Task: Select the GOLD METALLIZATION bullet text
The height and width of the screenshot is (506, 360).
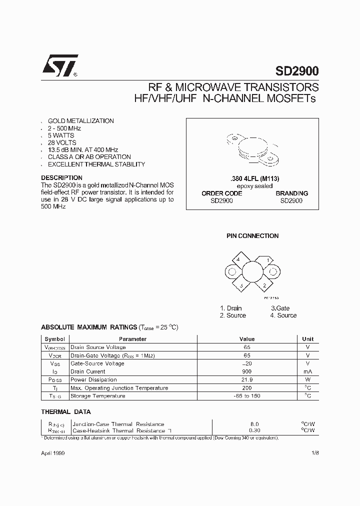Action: [80, 121]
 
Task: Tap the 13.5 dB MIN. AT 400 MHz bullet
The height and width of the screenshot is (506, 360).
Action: [83, 149]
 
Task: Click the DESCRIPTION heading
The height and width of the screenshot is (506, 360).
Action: [61, 177]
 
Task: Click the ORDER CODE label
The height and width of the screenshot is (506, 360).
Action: [221, 193]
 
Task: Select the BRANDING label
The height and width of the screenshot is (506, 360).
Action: [291, 193]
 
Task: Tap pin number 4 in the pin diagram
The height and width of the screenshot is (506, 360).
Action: [238, 259]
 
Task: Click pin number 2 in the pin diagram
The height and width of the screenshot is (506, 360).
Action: [264, 285]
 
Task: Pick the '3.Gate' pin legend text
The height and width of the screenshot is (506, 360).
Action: [280, 308]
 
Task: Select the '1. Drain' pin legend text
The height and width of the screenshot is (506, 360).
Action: [230, 308]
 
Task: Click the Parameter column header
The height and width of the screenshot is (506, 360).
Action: [132, 339]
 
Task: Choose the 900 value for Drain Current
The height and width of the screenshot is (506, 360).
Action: [246, 371]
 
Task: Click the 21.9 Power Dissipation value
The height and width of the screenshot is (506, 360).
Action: [246, 379]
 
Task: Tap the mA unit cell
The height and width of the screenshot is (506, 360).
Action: [307, 371]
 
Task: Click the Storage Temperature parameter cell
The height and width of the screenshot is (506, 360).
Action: [98, 395]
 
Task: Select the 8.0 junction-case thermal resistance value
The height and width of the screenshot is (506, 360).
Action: [254, 424]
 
